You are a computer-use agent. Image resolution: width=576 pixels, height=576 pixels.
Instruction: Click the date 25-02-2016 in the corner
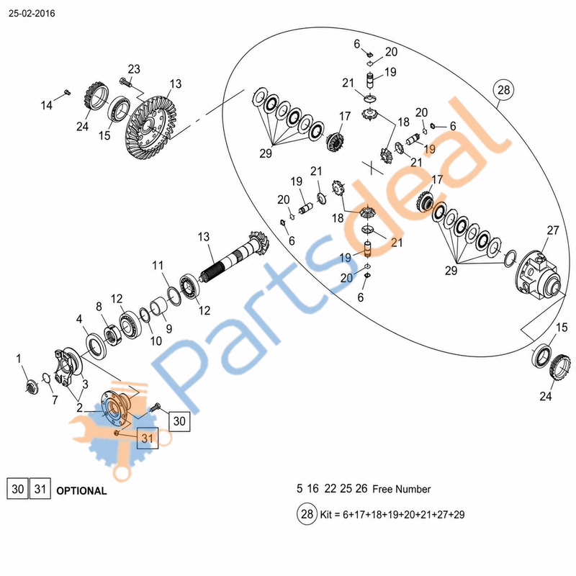point(32,14)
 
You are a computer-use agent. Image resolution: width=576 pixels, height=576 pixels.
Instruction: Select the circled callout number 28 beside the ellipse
point(503,90)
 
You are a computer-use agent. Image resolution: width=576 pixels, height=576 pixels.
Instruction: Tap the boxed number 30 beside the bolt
point(179,420)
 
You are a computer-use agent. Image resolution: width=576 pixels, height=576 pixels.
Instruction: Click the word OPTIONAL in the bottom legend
point(81,491)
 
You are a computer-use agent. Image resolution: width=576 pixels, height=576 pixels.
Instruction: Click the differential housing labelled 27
point(537,275)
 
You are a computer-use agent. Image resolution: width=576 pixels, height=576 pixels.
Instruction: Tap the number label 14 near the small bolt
point(47,105)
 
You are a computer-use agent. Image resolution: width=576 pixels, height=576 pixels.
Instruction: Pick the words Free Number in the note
point(401,490)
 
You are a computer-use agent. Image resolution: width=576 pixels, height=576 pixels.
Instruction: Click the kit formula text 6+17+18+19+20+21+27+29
point(403,515)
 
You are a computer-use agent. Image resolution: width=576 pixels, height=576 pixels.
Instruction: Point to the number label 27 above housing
point(552,230)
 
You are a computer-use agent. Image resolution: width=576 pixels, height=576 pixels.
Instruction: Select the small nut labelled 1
point(32,387)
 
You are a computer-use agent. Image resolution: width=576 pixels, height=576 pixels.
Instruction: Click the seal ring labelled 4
point(96,346)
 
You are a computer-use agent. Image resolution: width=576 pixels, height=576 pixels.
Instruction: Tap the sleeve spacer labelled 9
point(158,307)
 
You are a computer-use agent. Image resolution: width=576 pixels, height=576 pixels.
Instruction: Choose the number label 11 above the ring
point(158,265)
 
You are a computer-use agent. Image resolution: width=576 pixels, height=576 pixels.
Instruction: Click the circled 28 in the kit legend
point(307,513)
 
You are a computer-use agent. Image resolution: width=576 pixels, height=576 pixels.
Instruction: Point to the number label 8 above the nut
point(99,307)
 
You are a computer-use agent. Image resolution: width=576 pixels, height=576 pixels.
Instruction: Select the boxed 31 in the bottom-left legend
point(40,489)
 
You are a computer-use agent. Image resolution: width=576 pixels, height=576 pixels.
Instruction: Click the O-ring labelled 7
point(46,377)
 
